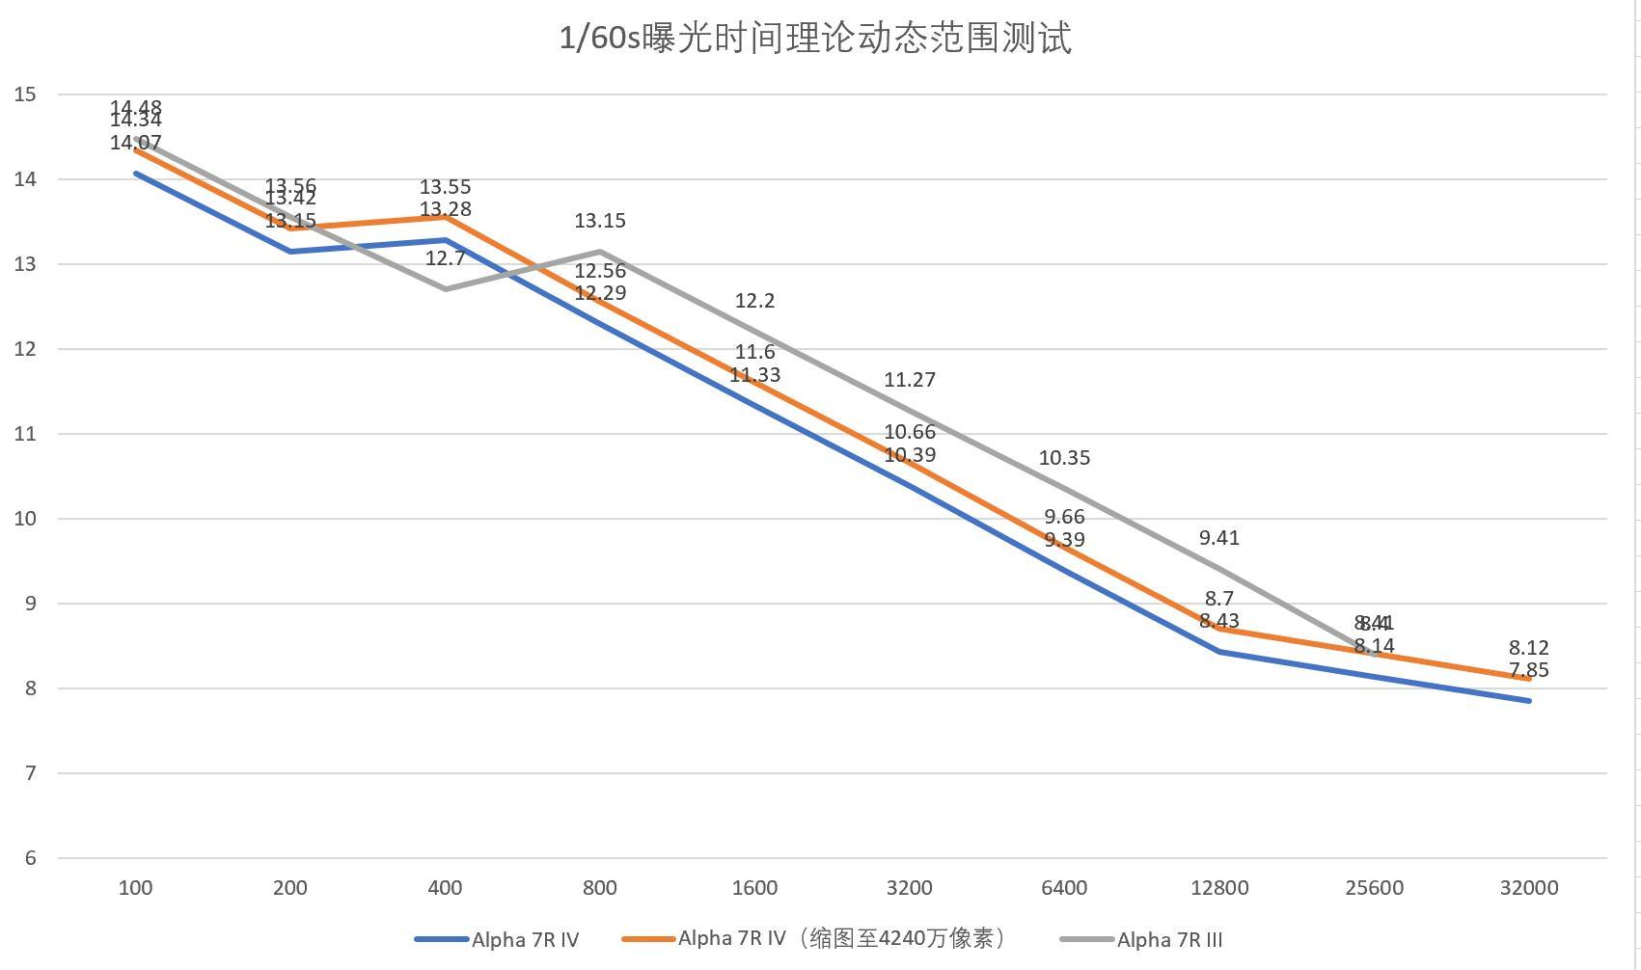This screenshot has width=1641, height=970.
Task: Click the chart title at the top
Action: click(x=815, y=40)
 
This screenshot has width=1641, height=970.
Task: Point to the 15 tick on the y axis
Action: click(x=26, y=94)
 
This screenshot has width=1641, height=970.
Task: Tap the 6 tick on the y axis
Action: click(x=30, y=858)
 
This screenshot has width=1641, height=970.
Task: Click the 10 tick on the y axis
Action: click(x=26, y=519)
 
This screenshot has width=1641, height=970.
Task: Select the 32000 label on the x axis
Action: click(x=1529, y=888)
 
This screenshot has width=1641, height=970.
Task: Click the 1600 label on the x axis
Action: click(x=754, y=888)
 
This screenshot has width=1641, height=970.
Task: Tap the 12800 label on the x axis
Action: click(x=1219, y=888)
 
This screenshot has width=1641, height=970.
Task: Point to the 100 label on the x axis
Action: click(x=135, y=888)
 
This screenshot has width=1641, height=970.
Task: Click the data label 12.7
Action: click(x=445, y=258)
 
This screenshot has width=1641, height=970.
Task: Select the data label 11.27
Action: click(x=910, y=380)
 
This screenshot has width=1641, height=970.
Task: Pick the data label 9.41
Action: click(x=1219, y=538)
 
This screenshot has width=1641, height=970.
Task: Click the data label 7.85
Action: click(x=1529, y=670)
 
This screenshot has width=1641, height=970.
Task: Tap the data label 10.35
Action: click(x=1064, y=458)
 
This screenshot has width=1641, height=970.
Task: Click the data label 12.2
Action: click(x=754, y=301)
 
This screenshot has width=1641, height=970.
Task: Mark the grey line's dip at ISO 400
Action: click(x=446, y=288)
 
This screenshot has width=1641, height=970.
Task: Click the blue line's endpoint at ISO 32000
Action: click(x=1529, y=701)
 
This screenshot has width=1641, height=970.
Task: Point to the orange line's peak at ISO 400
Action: click(x=446, y=217)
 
